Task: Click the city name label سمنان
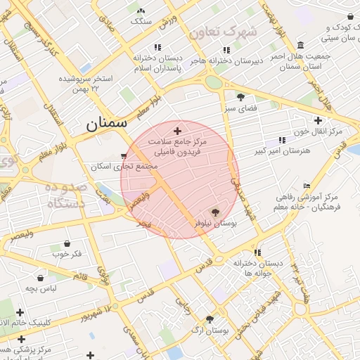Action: pos(107,122)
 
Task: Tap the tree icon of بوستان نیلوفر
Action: pos(215,211)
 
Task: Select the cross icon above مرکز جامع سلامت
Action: pos(177,131)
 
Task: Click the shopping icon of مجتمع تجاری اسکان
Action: pos(124,156)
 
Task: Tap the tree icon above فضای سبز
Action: pos(241,97)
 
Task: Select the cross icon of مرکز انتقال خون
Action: pos(319,121)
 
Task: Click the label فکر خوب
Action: pos(67,253)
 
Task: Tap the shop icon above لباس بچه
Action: pos(40,278)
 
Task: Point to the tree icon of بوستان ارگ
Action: pos(210,319)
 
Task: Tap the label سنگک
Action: pos(141,20)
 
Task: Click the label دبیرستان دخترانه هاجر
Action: pos(226,60)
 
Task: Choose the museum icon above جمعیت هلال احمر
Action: pos(301,45)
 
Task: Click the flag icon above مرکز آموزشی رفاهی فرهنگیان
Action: pos(307,186)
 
